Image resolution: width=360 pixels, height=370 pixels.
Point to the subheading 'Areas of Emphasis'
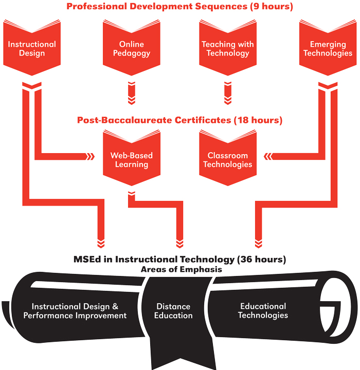point(179,269)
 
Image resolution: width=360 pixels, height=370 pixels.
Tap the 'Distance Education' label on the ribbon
point(173,311)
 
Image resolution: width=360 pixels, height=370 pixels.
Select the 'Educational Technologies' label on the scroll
point(263,310)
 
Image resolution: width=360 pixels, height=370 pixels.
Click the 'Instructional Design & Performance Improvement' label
point(75,311)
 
